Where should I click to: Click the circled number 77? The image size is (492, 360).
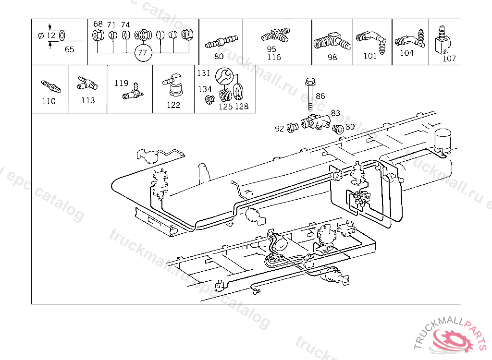(142, 52)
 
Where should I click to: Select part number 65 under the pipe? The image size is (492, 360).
(70, 49)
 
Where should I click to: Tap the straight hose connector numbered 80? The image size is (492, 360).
(221, 41)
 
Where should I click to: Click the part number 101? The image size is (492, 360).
(370, 56)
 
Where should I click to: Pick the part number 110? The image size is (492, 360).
(49, 101)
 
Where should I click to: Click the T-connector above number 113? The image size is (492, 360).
(87, 84)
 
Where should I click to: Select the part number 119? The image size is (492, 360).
(121, 83)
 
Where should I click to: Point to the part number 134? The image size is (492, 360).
(205, 89)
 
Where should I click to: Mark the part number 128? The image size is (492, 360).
(242, 106)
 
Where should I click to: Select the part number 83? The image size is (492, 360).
(335, 113)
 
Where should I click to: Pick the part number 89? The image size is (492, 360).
(350, 127)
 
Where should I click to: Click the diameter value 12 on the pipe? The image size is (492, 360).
(51, 35)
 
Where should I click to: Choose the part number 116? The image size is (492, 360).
(273, 57)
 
